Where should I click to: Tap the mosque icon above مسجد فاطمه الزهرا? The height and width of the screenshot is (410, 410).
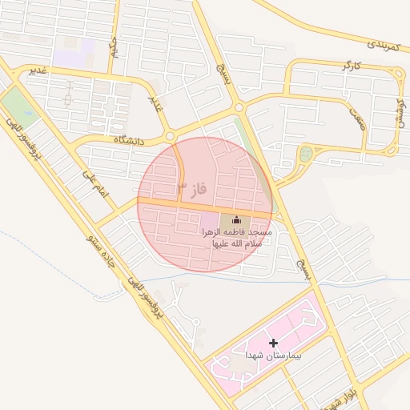pos(236,219)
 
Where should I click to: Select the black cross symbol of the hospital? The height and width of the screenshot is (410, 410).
pos(275,343)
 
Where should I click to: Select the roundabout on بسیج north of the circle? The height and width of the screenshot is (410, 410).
pos(239,108)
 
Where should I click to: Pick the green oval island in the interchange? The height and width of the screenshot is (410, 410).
pos(305,156)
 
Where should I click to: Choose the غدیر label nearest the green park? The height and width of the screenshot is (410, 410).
pos(39,71)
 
